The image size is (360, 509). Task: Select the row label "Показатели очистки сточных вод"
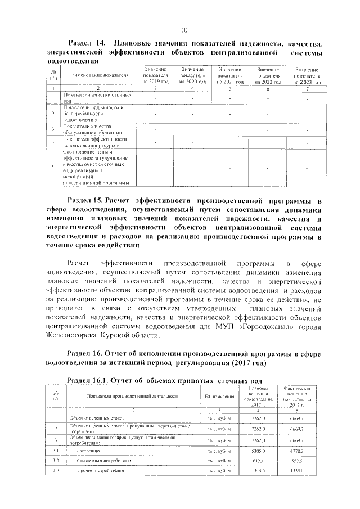93,98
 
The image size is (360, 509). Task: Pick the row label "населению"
88,451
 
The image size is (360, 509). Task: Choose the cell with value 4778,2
296,451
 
